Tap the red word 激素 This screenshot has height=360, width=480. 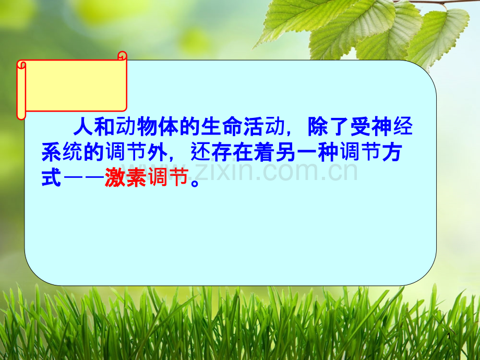pos(126,177)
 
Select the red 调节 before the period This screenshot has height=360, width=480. pos(168,177)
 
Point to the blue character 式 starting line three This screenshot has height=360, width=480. pos(52,177)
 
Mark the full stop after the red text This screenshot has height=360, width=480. pos(195,183)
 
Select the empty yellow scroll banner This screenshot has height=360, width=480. pos(71,86)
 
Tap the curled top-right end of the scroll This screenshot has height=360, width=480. pos(123,56)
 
